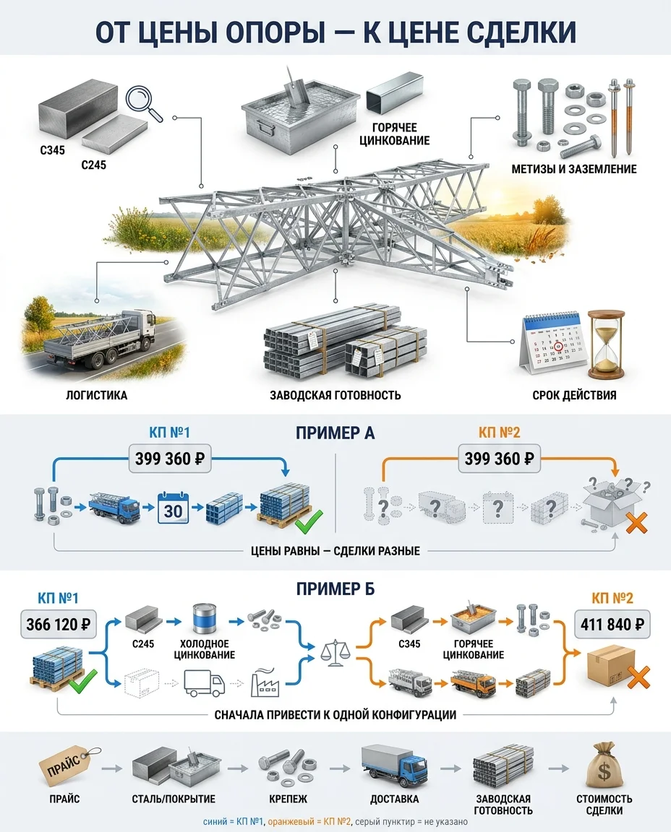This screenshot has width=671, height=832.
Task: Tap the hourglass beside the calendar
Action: tap(606, 345)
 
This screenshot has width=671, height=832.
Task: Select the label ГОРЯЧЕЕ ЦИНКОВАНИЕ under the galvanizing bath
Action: tap(394, 134)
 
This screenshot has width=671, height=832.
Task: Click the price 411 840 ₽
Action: tap(612, 624)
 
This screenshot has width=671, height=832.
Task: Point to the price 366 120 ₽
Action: tap(58, 624)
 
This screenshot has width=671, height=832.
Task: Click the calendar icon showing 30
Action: tap(174, 508)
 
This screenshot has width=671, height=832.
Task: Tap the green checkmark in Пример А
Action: tap(309, 521)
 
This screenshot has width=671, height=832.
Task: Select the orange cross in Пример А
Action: tap(637, 522)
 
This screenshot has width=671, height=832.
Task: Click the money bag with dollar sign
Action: tap(604, 766)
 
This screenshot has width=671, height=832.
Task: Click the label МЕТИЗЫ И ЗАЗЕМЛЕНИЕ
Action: tap(574, 169)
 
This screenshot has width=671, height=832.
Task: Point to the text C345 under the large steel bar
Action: tap(52, 150)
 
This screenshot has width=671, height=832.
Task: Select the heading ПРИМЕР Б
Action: tap(335, 589)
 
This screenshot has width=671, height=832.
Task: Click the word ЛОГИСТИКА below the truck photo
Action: tap(97, 395)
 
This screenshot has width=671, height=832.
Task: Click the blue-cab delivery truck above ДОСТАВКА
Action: tap(395, 765)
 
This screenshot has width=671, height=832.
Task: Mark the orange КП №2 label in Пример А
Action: tap(499, 433)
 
